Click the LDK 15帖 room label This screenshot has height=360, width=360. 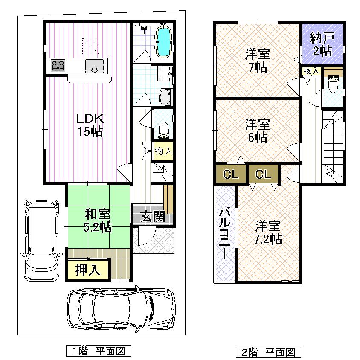89,125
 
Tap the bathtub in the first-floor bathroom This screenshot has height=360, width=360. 164,41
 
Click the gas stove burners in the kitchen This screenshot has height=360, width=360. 58,66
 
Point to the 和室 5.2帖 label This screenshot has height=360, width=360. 97,220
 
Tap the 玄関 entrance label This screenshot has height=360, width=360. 153,217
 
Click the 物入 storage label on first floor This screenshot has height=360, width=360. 163,151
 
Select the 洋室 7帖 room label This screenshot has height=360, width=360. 257,60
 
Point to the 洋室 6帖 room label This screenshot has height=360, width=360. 257,131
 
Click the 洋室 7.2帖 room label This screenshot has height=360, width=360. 268,232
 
